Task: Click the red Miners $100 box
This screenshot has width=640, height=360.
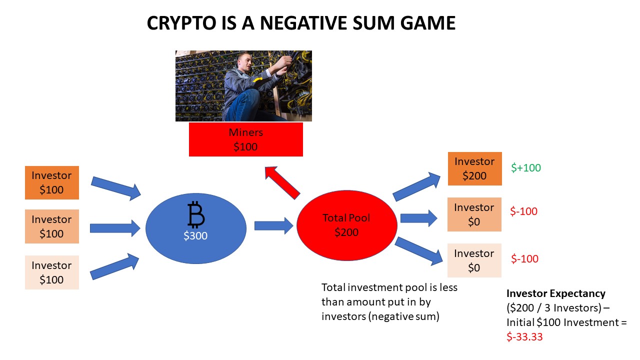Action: [245, 139]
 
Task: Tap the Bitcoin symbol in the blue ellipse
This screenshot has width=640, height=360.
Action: [196, 215]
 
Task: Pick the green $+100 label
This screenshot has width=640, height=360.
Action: [526, 168]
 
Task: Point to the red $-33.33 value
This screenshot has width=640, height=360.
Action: [524, 337]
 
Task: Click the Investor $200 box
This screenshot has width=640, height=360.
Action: [474, 168]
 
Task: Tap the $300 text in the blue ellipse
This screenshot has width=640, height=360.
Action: [195, 236]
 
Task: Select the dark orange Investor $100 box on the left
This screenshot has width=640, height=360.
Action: [51, 182]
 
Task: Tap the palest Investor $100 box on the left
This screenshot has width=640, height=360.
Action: [51, 272]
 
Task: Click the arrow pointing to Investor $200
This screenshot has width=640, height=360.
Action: [416, 185]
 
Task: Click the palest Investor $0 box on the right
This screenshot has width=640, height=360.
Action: [474, 260]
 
